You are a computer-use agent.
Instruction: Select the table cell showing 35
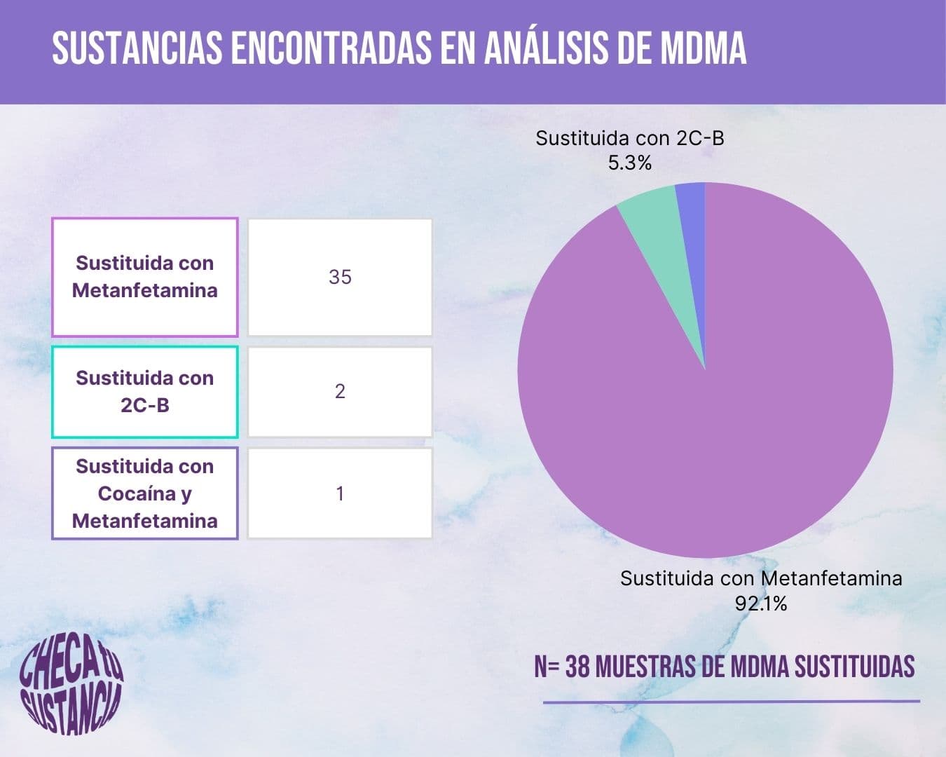pos(340,278)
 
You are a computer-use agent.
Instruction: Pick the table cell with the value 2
pos(340,392)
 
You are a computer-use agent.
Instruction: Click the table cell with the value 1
pos(340,493)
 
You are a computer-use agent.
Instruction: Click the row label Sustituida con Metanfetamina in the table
pos(145,278)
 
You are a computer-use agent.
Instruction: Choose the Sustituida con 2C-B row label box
pos(145,392)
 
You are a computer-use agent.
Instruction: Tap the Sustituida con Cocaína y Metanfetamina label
pos(145,493)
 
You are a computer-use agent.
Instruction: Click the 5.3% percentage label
pos(629,163)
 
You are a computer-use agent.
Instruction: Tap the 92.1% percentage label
pos(761,603)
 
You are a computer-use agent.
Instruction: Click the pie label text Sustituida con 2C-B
pos(629,138)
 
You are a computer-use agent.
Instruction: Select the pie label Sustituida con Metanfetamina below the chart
pos(761,579)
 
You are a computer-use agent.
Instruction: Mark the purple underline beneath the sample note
pos(731,701)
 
